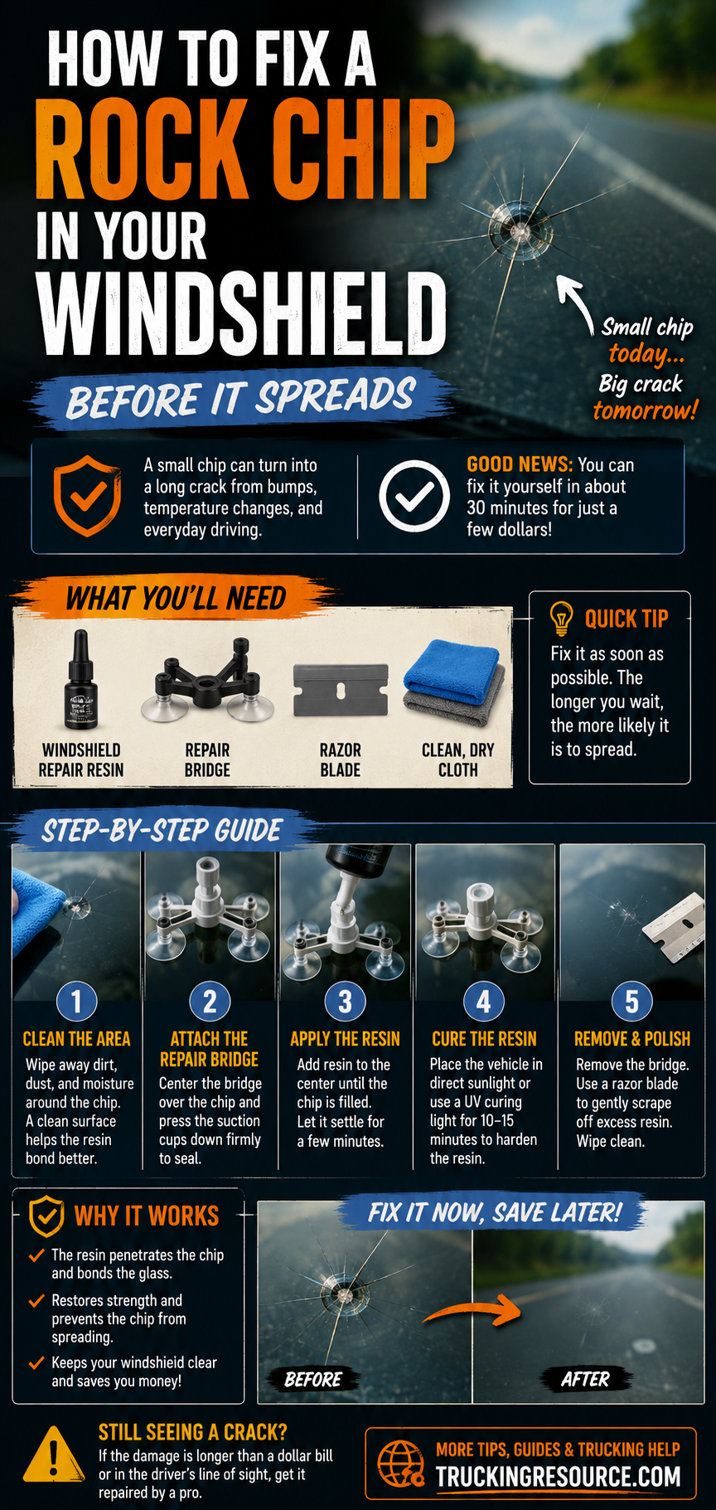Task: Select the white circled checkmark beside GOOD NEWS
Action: point(414,496)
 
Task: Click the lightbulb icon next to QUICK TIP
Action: point(562,618)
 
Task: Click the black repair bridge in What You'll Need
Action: point(207,680)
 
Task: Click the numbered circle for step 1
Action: point(76,1001)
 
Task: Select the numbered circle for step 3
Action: point(345,1001)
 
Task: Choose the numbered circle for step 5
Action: point(631,1001)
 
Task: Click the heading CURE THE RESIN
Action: point(484,1039)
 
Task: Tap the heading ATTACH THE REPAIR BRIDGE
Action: point(210,1049)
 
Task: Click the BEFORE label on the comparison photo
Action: point(313,1379)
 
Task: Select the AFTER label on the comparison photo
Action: point(585,1379)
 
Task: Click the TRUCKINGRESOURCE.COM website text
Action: point(559,1476)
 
